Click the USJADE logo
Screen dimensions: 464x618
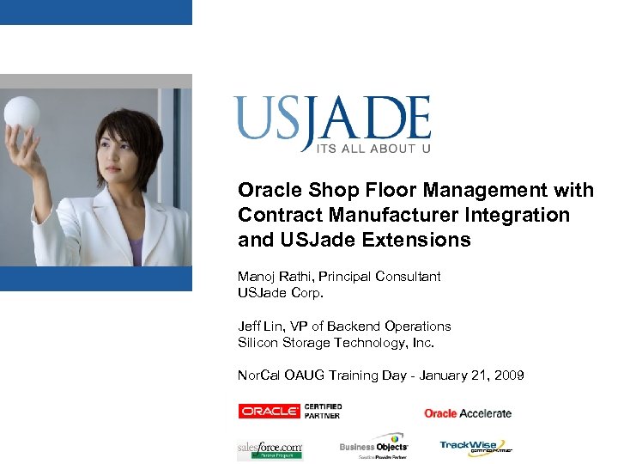tap(332, 119)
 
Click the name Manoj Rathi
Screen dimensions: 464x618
tap(271, 277)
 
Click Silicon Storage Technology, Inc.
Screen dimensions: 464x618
tap(336, 342)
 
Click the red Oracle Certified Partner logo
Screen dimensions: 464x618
tap(289, 412)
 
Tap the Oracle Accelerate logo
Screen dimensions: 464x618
tap(468, 413)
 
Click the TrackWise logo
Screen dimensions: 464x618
tap(476, 445)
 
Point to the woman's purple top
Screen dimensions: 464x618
tap(136, 252)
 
